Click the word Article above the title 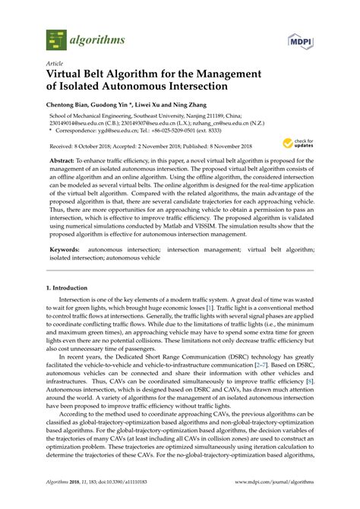(55, 65)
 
